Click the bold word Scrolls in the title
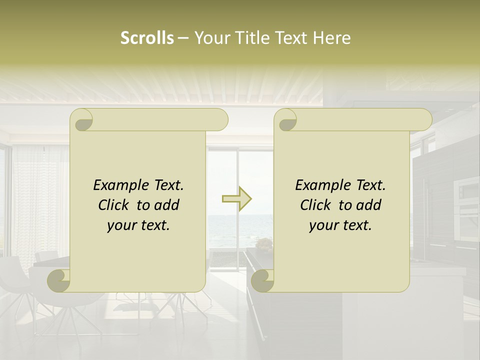coord(147,38)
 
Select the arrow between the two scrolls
coord(237,199)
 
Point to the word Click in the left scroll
coord(115,205)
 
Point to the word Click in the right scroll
coord(317,205)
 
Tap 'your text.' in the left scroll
coord(138,225)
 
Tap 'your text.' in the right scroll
coord(340,225)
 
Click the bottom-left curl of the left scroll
coord(59,280)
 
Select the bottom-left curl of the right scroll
coord(262,280)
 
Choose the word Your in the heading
coord(212,38)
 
